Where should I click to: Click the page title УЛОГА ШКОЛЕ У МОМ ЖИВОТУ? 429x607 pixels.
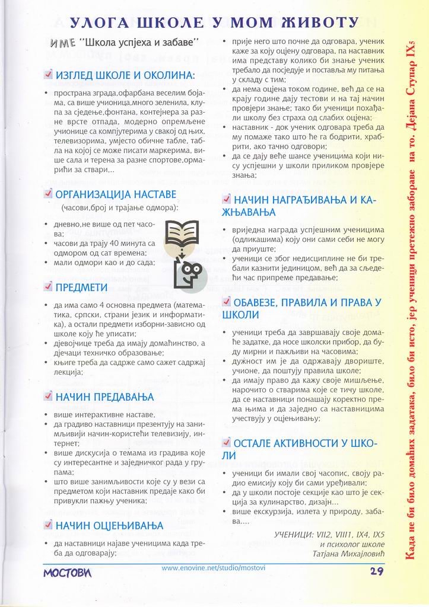[x=214, y=23]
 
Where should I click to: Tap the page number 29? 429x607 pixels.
[x=376, y=571]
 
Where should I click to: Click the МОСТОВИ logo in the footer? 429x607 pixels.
[x=67, y=573]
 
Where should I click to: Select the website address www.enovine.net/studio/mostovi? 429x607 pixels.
[x=213, y=568]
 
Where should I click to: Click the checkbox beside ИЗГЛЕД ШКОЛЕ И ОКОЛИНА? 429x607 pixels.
[x=49, y=75]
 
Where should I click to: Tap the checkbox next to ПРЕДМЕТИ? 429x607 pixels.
[x=49, y=287]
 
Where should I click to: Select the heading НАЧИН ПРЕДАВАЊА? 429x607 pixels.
[x=104, y=397]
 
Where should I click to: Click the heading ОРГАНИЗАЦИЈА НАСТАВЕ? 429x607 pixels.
[x=116, y=194]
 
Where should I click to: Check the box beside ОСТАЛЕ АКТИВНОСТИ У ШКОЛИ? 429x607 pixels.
[x=227, y=442]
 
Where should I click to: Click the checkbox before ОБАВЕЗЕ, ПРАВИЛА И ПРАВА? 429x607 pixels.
[x=227, y=301]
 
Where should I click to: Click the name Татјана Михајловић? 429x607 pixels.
[x=348, y=554]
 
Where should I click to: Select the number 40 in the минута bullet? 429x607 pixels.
[x=117, y=243]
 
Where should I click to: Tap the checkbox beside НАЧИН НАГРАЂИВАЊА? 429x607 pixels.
[x=227, y=199]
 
